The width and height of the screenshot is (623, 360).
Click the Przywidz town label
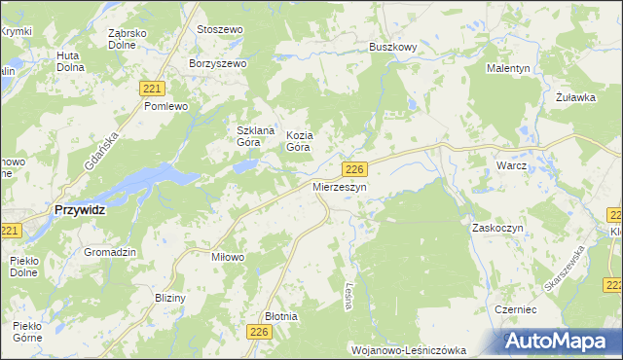pyautogui.click(x=80, y=209)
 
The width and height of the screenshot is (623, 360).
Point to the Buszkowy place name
pyautogui.click(x=393, y=46)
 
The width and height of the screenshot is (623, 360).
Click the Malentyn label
pyautogui.click(x=508, y=69)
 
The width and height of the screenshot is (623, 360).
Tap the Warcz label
pyautogui.click(x=511, y=165)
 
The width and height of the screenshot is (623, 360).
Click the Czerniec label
pyautogui.click(x=516, y=307)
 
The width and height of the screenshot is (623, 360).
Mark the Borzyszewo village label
pyautogui.click(x=220, y=63)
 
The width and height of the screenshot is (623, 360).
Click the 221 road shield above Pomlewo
pyautogui.click(x=151, y=89)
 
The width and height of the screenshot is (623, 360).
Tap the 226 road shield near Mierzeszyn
pyautogui.click(x=355, y=169)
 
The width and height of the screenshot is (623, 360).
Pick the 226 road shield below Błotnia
pyautogui.click(x=259, y=333)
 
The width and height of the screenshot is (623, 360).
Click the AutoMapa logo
pyautogui.click(x=563, y=342)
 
